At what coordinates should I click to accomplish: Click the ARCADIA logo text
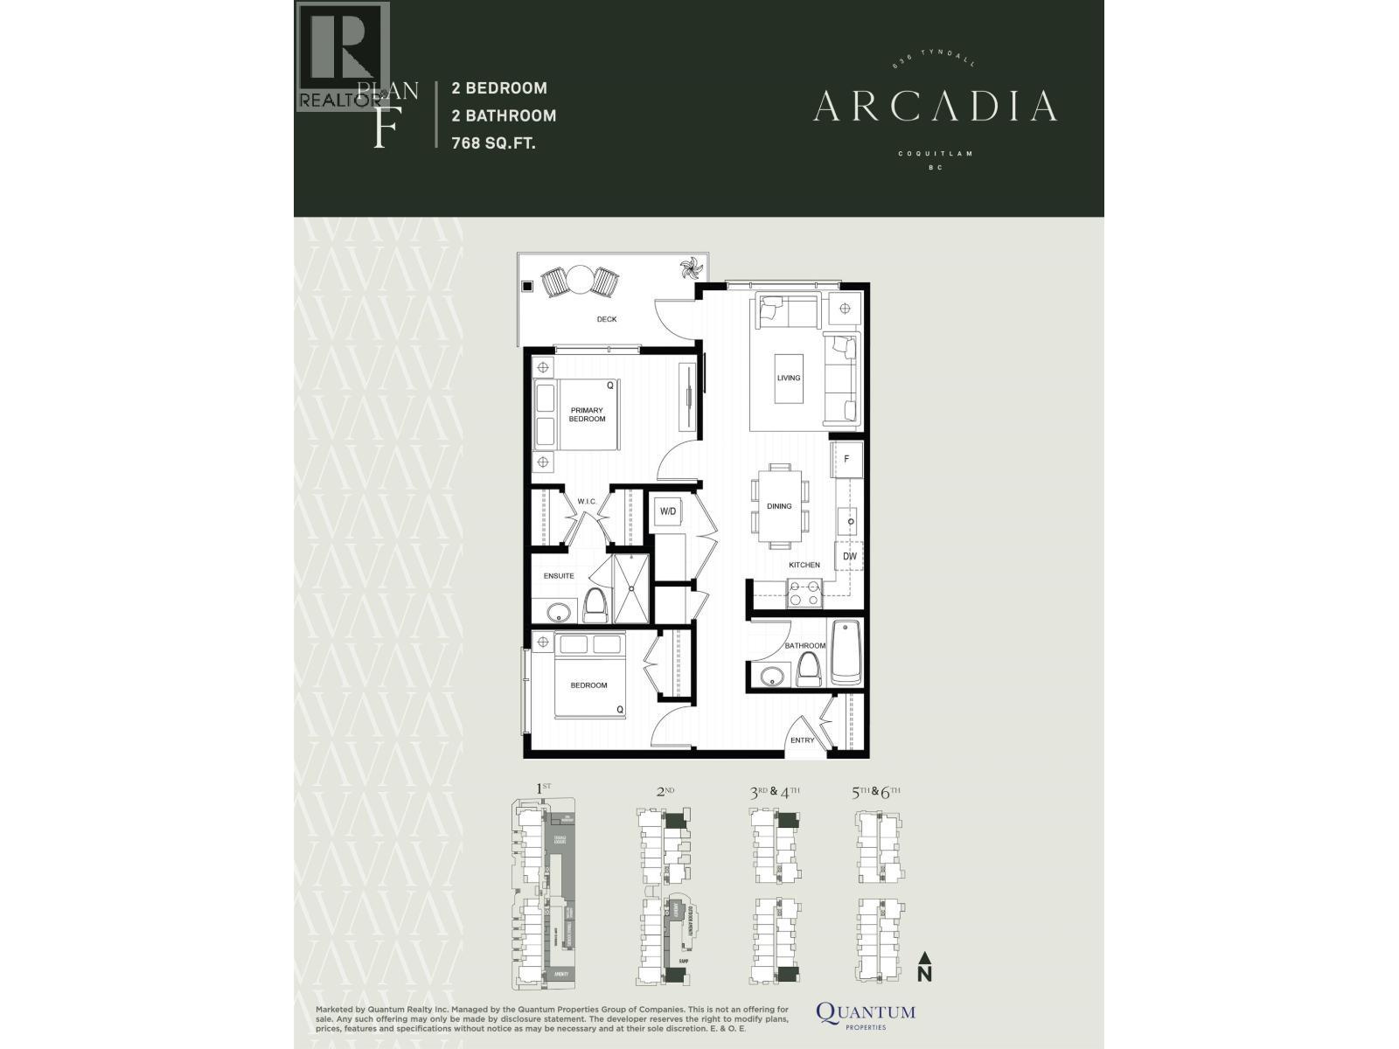click(935, 106)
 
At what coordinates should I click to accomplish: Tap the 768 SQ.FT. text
click(493, 143)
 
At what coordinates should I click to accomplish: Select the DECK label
click(607, 319)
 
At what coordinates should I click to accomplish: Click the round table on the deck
click(579, 281)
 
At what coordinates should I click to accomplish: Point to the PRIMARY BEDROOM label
click(587, 414)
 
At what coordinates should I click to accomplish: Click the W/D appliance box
click(668, 511)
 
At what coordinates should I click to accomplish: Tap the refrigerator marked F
click(846, 459)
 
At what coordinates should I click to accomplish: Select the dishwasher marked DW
click(850, 556)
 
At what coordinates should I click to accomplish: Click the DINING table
click(779, 505)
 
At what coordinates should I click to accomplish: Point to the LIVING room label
click(789, 378)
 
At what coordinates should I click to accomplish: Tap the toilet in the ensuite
click(595, 603)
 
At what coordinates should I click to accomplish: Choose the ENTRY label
click(802, 740)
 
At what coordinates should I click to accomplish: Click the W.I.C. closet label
click(586, 501)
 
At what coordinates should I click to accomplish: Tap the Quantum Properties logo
click(866, 1014)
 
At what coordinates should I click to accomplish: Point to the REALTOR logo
click(342, 57)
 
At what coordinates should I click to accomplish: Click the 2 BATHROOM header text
click(504, 115)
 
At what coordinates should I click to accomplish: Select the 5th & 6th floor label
click(875, 792)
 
